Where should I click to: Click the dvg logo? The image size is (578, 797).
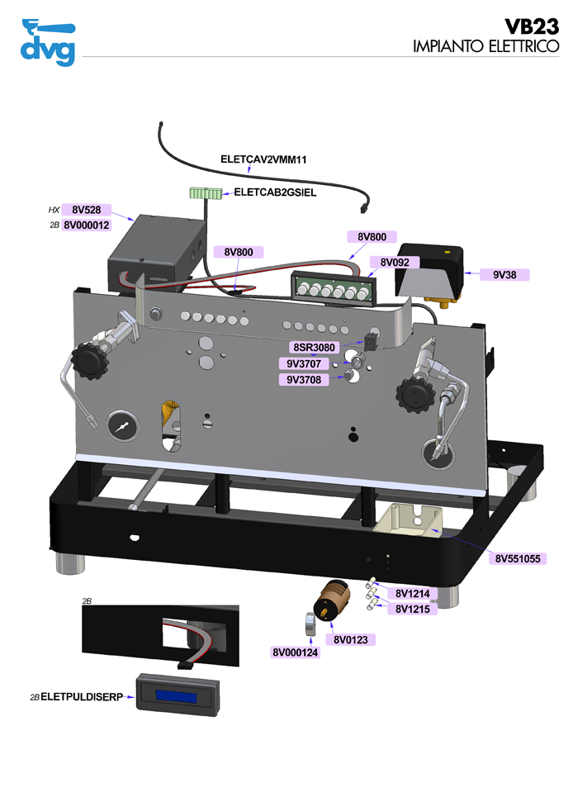click(x=47, y=40)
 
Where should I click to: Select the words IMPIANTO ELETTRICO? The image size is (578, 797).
click(x=486, y=46)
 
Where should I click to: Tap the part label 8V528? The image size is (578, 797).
click(x=86, y=210)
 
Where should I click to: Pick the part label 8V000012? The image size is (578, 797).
click(x=86, y=224)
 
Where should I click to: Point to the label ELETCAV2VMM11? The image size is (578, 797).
click(x=263, y=158)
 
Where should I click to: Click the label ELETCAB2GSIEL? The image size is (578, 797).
click(x=276, y=192)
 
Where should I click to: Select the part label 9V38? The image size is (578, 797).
click(x=505, y=274)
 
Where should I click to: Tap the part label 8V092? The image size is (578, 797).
click(x=395, y=263)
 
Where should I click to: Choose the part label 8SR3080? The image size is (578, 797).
click(x=314, y=348)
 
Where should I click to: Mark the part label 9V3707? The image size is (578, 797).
click(x=304, y=363)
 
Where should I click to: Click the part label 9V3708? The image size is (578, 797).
click(x=304, y=380)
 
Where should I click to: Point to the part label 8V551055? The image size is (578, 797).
click(x=518, y=558)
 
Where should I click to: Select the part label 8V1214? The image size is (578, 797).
click(x=412, y=594)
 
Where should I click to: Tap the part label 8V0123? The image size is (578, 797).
click(x=350, y=639)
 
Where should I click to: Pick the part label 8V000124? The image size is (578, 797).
click(x=295, y=652)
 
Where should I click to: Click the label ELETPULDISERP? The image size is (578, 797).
click(x=82, y=697)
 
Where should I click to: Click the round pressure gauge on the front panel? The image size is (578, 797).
click(x=122, y=428)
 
